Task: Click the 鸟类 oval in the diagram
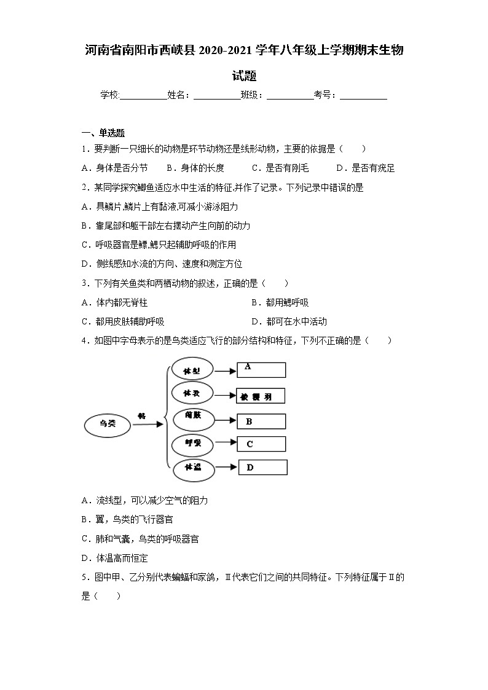108,423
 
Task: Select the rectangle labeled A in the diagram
261,369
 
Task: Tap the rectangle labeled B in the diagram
261,421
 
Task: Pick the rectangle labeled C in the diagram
261,444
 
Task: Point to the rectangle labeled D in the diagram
262,468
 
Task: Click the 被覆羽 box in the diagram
261,396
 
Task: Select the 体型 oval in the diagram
192,370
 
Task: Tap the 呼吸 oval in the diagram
193,443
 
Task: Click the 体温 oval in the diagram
193,468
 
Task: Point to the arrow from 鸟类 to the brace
148,423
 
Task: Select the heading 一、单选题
103,133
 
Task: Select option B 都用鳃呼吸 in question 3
280,302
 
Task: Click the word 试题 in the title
244,76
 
